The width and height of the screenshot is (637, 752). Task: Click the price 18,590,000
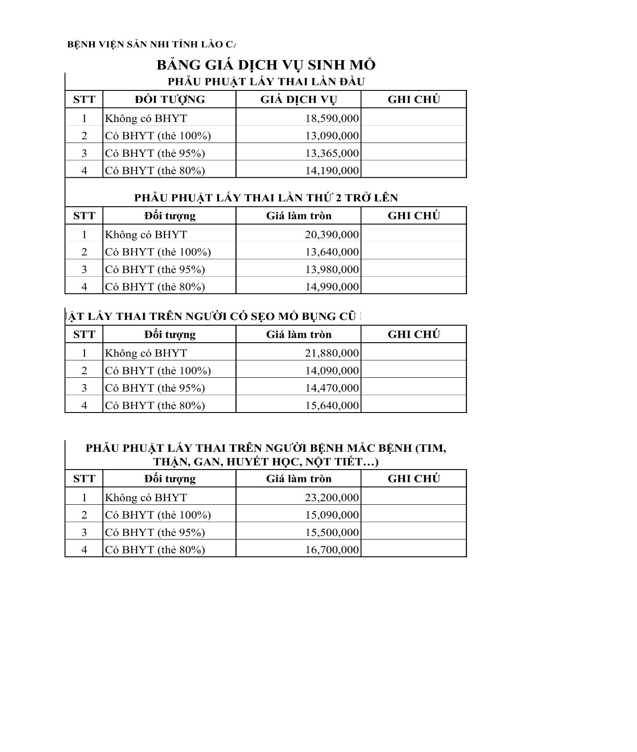click(x=332, y=119)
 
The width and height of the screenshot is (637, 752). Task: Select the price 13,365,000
click(x=332, y=153)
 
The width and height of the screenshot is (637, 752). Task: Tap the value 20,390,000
click(x=332, y=235)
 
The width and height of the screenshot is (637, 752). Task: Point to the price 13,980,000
click(x=332, y=270)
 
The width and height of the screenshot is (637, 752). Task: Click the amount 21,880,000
click(x=332, y=353)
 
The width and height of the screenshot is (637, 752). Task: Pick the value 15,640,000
click(x=332, y=405)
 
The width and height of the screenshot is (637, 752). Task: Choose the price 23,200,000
click(x=332, y=498)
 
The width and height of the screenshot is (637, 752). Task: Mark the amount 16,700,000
click(x=332, y=550)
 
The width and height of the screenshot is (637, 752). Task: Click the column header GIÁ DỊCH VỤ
click(x=298, y=99)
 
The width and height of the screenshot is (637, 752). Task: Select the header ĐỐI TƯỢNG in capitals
click(x=170, y=99)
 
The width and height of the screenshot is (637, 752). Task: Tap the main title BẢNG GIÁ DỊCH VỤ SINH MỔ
click(x=266, y=65)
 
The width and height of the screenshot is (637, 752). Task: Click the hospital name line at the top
click(x=151, y=45)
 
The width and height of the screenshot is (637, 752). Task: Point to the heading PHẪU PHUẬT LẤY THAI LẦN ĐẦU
click(x=266, y=82)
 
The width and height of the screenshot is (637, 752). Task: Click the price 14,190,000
click(x=332, y=171)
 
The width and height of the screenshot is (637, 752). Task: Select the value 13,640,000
click(x=332, y=252)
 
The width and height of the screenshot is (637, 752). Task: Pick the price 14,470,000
click(x=332, y=388)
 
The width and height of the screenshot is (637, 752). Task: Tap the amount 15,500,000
click(x=332, y=532)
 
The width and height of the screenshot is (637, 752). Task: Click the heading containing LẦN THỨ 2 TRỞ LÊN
click(x=266, y=198)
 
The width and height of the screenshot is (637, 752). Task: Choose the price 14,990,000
click(x=332, y=287)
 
